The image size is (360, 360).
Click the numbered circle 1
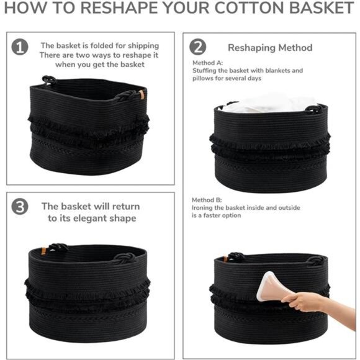[x=20, y=47]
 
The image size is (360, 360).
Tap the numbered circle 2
[x=197, y=47]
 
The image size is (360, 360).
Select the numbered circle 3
[x=20, y=207]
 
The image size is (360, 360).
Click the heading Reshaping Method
[x=270, y=47]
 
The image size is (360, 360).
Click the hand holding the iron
[x=307, y=303]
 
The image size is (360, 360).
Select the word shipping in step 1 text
[x=143, y=45]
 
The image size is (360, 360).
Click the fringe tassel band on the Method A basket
[x=270, y=144]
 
